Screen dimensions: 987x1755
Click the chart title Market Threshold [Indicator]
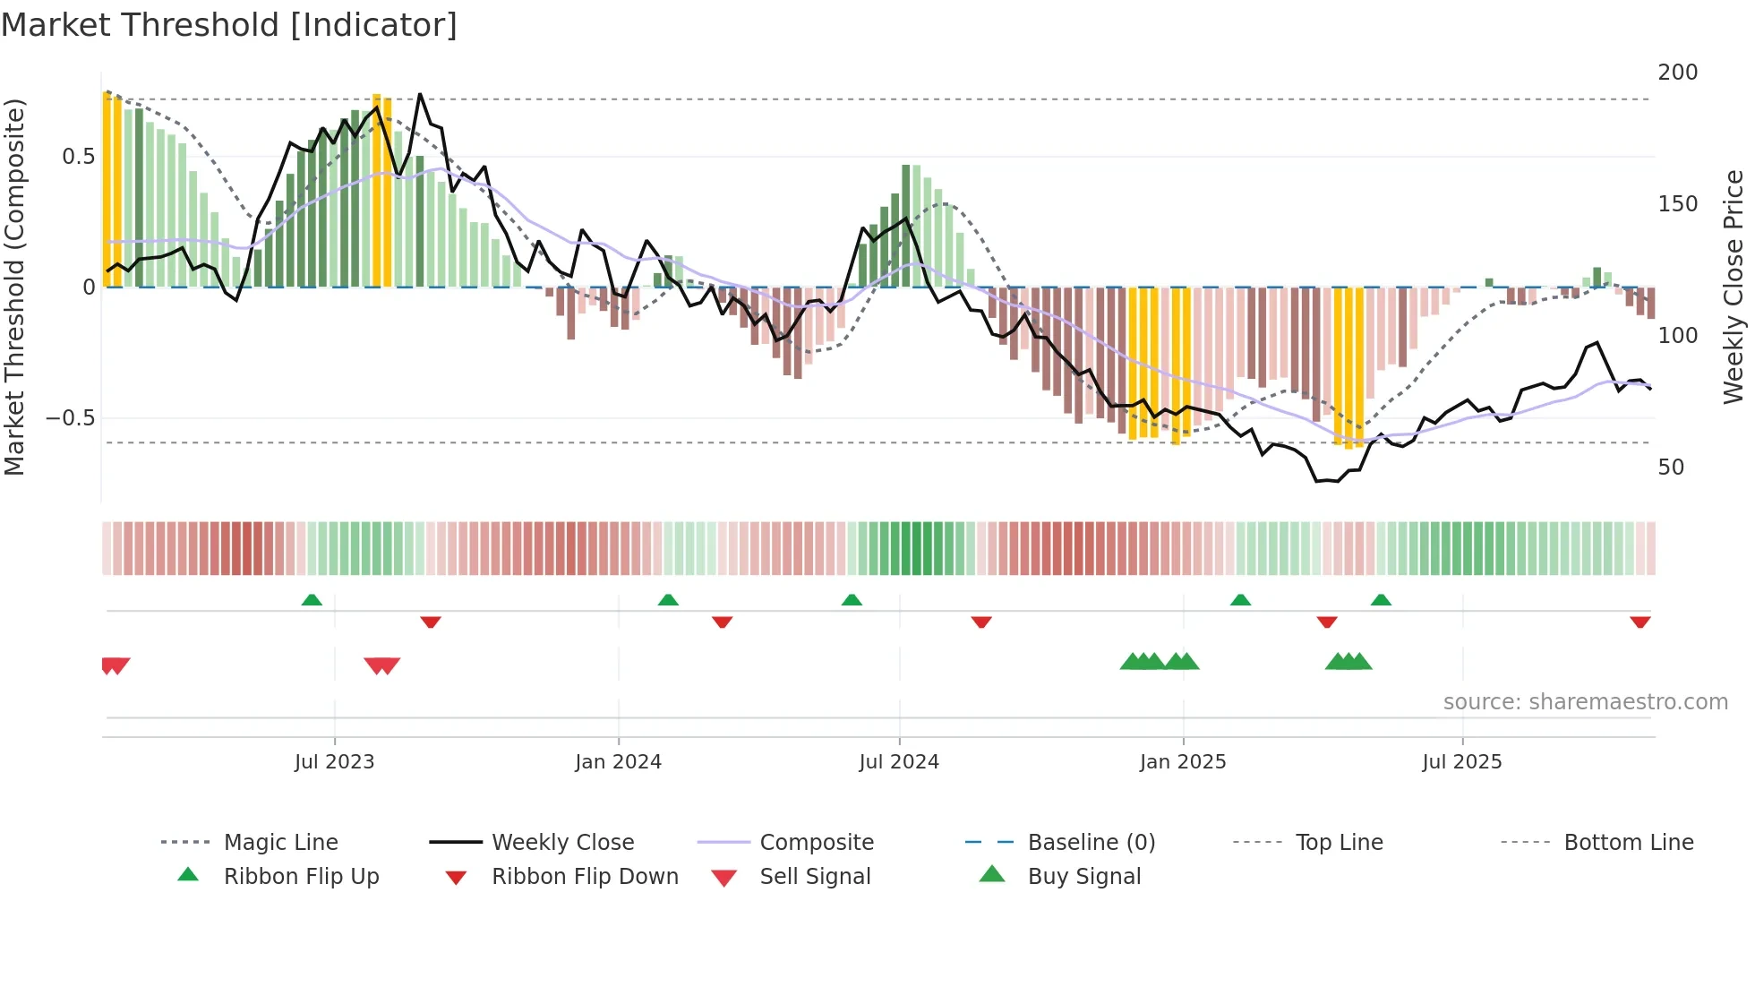tap(229, 25)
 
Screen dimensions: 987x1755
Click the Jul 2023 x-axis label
tap(334, 762)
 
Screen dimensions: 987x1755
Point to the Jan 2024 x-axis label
tap(618, 762)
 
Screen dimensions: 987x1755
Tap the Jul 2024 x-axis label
tap(899, 762)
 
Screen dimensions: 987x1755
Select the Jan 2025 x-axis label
tap(1183, 762)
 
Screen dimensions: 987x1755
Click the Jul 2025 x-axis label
tap(1462, 762)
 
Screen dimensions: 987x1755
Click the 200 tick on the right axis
tap(1677, 73)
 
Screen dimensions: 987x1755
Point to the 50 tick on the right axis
tap(1671, 468)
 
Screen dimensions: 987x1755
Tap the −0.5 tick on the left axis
tap(70, 418)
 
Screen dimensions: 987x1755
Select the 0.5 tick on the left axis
tap(78, 157)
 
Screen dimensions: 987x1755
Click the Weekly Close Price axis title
tap(1734, 287)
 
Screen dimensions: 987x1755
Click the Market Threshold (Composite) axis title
tap(14, 287)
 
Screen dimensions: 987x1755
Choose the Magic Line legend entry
tap(280, 843)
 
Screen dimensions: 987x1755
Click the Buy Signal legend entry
tap(1083, 877)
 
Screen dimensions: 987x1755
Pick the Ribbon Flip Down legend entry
tap(585, 877)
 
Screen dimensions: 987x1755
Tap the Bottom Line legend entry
tap(1628, 843)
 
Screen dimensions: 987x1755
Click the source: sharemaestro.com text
tap(1585, 702)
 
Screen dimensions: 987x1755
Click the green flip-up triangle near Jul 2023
tap(312, 600)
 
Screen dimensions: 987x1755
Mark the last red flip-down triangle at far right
tap(1640, 622)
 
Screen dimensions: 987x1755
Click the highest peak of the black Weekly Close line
tap(420, 94)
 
